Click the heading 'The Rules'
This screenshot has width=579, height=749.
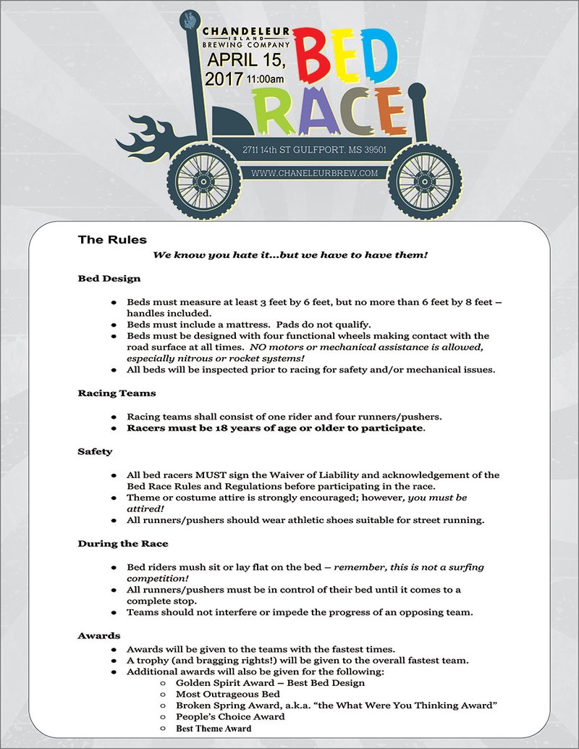(x=112, y=240)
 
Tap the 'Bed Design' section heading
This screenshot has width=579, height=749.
(x=109, y=278)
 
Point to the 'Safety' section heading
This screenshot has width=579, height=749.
(x=95, y=451)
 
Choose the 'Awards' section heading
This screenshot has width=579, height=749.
(x=99, y=636)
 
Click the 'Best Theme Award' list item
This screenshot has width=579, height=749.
(x=214, y=728)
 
